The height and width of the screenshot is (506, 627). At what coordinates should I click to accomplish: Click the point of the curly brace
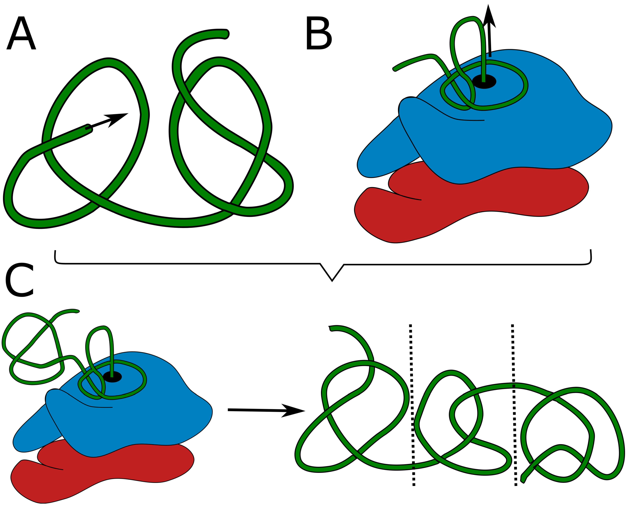coord(332,281)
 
